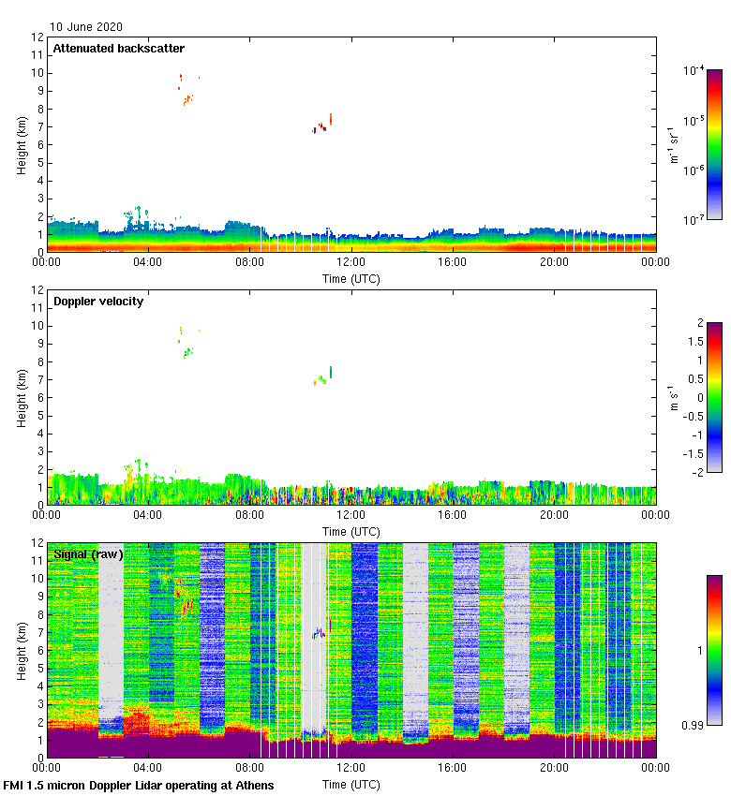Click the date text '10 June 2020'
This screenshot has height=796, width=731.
[x=86, y=27]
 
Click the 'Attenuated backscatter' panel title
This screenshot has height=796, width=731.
[x=119, y=49]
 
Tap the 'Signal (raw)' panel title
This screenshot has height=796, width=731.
[x=88, y=554]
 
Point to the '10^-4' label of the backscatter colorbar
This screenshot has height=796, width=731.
[x=694, y=71]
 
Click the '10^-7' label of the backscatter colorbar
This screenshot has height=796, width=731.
[x=694, y=219]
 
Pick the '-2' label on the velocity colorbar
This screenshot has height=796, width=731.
[x=693, y=472]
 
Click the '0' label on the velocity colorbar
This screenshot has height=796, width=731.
[x=697, y=398]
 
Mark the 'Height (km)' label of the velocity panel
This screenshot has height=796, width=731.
[x=21, y=398]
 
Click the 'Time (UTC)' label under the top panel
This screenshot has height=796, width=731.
[x=351, y=279]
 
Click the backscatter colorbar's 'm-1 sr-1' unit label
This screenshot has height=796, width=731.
[x=674, y=145]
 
